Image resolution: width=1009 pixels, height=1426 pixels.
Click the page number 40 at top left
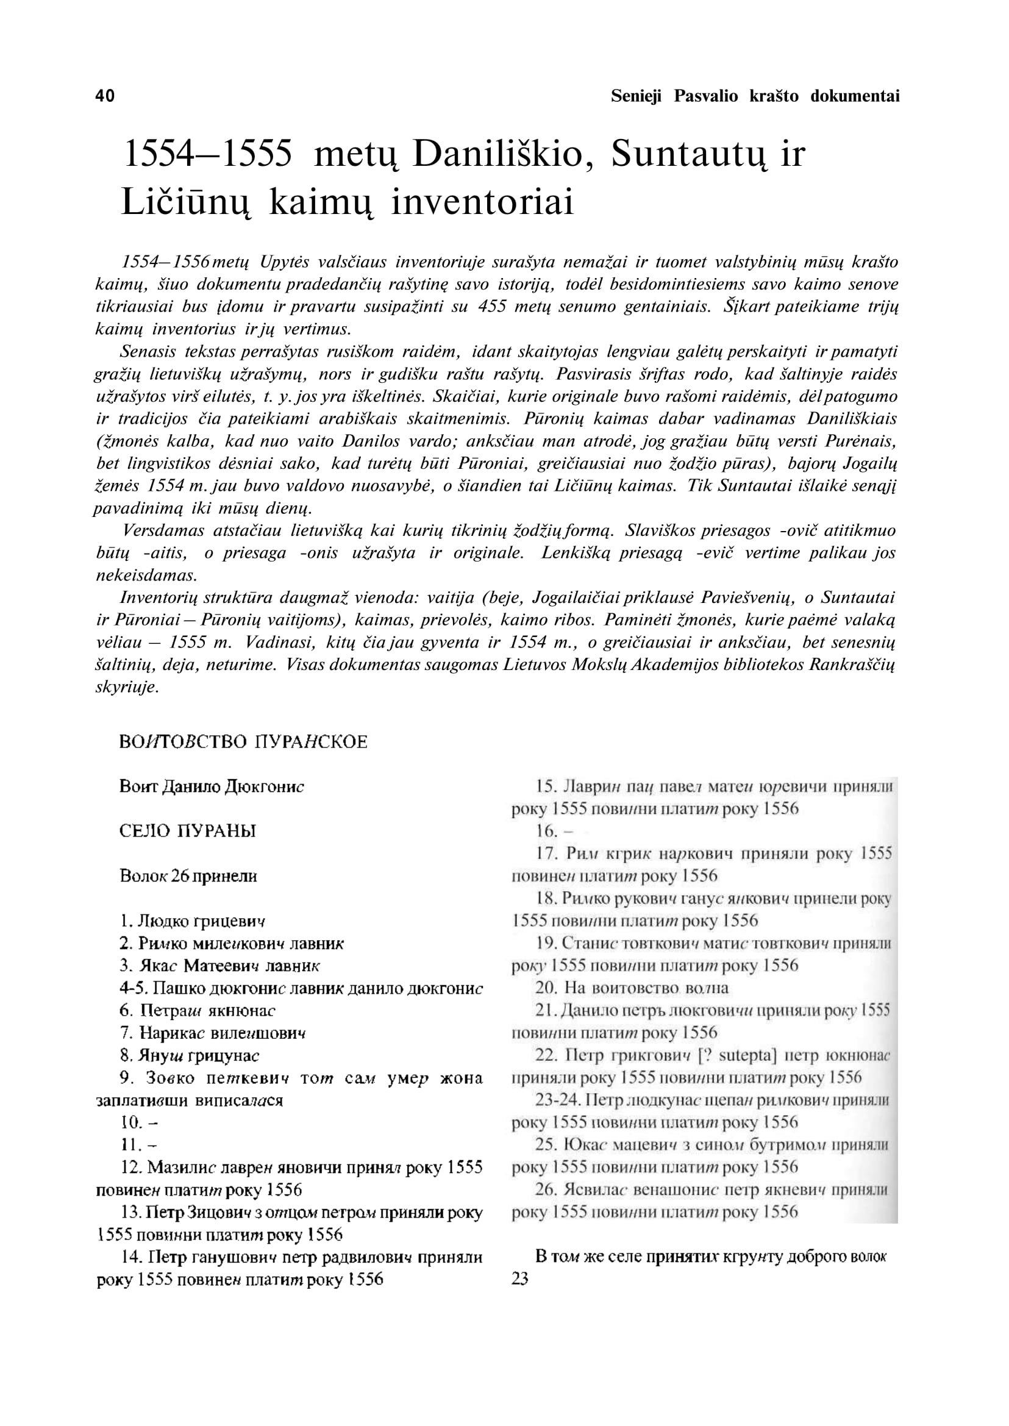click(105, 96)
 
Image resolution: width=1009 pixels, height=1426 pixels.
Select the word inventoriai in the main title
click(482, 202)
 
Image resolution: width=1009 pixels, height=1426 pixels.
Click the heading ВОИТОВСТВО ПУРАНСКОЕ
click(243, 742)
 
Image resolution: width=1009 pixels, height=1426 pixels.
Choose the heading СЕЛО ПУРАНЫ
click(188, 832)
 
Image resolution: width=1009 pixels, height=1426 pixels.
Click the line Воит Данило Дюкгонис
click(211, 786)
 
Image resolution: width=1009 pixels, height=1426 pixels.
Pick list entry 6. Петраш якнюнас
click(198, 1010)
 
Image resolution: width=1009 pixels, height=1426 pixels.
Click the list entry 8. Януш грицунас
click(190, 1055)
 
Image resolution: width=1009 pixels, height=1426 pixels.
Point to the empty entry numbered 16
click(554, 832)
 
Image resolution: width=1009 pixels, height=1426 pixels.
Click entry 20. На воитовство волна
click(631, 988)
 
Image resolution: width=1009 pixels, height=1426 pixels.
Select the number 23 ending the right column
click(520, 1278)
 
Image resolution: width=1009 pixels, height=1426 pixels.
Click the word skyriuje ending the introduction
click(127, 687)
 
